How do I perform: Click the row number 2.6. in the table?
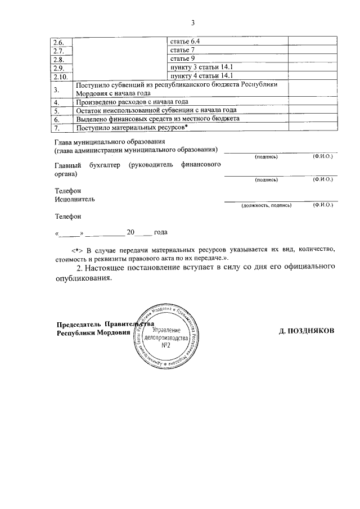pyautogui.click(x=59, y=42)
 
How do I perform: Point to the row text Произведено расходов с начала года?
pyautogui.click(x=132, y=102)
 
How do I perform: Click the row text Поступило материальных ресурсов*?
pyautogui.click(x=132, y=128)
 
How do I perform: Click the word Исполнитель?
pyautogui.click(x=75, y=199)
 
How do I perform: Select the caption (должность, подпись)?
pyautogui.click(x=266, y=206)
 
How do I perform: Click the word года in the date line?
pyautogui.click(x=160, y=232)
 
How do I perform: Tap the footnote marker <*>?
pyautogui.click(x=77, y=249)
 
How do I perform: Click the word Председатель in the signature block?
pyautogui.click(x=79, y=324)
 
